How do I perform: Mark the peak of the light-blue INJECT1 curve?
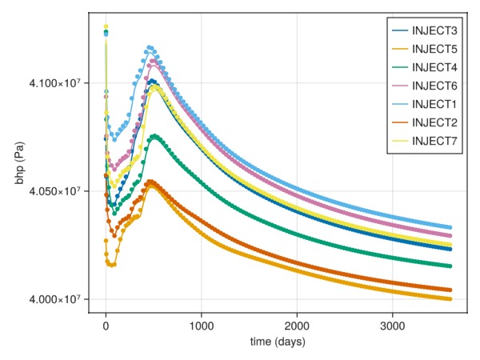pyautogui.click(x=150, y=48)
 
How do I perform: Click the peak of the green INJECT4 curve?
pyautogui.click(x=154, y=136)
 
